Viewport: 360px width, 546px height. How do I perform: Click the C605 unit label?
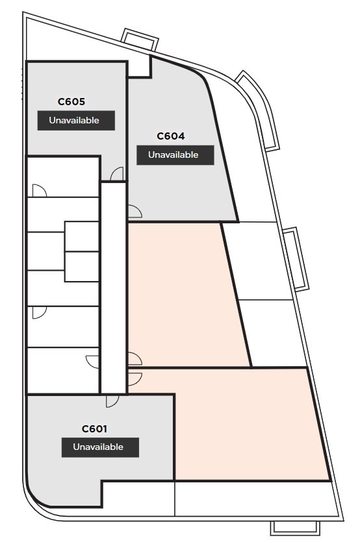(71, 102)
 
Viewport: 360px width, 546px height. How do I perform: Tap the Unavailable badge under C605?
(76, 121)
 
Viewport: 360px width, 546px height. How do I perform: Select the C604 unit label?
(171, 136)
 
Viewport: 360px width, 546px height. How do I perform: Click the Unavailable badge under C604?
(175, 155)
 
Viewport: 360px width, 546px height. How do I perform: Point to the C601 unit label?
(94, 428)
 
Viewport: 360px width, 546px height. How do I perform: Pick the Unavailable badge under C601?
(100, 447)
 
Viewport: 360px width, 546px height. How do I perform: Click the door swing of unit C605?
(117, 174)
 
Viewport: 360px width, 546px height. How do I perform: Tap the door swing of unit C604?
(135, 212)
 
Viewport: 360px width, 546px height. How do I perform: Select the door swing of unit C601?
(112, 401)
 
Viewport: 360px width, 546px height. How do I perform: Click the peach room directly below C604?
(185, 294)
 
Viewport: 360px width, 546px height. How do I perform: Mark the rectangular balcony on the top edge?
(140, 39)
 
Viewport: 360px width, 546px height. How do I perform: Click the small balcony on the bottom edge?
(295, 528)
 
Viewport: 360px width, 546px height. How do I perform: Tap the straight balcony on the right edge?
(296, 259)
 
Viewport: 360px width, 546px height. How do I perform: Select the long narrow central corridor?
(113, 288)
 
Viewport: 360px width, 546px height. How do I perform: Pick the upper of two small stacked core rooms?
(81, 236)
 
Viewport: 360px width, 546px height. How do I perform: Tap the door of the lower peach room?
(135, 379)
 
